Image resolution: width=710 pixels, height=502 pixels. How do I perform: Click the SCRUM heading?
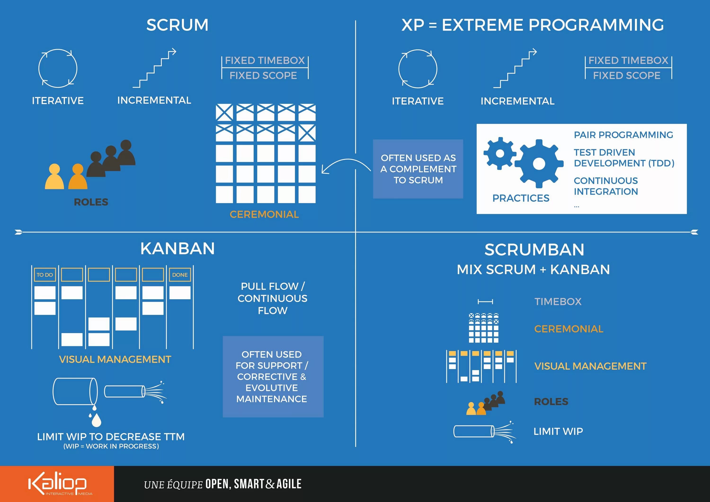(x=177, y=25)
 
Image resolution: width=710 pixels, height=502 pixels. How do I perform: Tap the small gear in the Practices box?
(x=500, y=153)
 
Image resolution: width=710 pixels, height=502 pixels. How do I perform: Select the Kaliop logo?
(x=58, y=484)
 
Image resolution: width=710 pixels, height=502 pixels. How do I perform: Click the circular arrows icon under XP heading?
(x=418, y=69)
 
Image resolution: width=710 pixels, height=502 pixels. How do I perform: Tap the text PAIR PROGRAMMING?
(x=623, y=135)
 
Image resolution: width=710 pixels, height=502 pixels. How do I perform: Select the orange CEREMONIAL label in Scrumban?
(x=569, y=329)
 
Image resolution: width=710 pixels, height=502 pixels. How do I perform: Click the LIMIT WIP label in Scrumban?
(x=558, y=431)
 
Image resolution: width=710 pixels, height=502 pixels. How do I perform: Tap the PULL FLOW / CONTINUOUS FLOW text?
(x=272, y=298)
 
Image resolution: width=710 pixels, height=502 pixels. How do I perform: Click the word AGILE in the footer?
(x=289, y=484)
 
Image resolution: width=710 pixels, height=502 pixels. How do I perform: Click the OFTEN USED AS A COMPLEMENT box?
(x=418, y=169)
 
